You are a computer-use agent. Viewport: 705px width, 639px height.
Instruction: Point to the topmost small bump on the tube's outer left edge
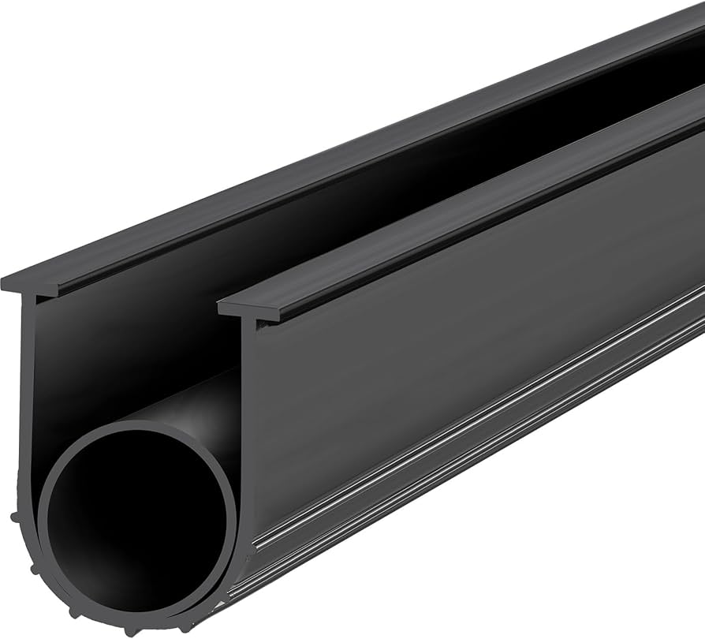[16, 517]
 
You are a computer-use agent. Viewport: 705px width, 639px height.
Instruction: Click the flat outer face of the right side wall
[473, 316]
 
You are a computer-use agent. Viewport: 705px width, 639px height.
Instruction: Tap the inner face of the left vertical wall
[118, 347]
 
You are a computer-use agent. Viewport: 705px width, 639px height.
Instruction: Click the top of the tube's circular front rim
[134, 427]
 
